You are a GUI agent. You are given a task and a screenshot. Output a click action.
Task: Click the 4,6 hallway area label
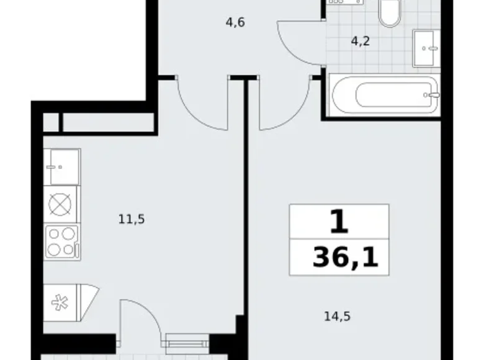235,22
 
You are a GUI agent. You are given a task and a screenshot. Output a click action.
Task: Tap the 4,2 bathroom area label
361,41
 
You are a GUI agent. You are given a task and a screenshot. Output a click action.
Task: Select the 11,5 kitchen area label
132,219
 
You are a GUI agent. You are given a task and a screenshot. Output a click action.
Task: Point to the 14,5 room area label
337,317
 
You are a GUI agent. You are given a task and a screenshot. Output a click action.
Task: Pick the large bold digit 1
339,221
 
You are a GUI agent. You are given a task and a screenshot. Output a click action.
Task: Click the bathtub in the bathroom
385,95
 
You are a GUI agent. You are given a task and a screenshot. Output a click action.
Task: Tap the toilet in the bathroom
389,12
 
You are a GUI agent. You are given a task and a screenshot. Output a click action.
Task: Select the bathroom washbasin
426,48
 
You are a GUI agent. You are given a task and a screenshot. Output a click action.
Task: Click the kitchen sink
61,167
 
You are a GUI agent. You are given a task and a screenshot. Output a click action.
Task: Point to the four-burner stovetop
61,242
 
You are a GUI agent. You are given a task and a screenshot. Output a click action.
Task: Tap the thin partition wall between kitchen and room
246,197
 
